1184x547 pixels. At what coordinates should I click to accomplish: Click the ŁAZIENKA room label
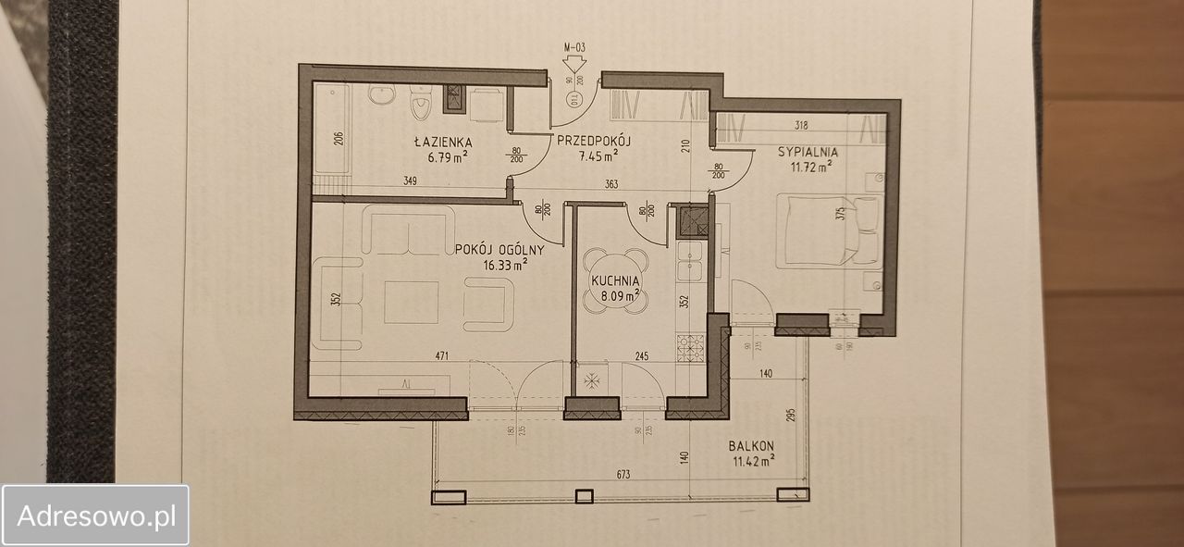click(443, 143)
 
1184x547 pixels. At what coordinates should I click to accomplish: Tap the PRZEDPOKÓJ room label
click(593, 141)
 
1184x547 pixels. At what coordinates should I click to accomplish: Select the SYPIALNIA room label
click(808, 151)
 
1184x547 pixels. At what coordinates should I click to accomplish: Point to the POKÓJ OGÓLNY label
click(499, 249)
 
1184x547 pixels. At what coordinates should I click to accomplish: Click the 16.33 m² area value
click(504, 264)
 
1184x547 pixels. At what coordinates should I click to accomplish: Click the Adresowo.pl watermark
click(96, 516)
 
